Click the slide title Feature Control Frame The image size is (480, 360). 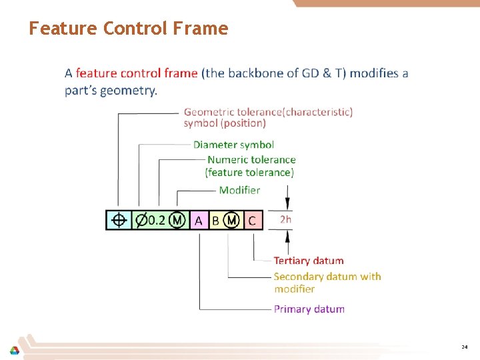128,29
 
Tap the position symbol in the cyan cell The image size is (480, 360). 119,220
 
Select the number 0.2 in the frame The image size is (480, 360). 156,220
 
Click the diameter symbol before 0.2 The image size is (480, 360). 141,220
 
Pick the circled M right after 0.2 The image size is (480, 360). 177,220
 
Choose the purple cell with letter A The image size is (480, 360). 199,221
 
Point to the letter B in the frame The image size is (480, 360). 215,221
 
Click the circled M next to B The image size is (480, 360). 231,220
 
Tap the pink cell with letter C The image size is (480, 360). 252,221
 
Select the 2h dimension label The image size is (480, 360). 285,219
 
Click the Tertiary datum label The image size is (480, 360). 309,261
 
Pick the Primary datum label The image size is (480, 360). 309,309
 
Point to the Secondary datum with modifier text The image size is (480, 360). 327,282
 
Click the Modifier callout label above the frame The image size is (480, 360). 239,190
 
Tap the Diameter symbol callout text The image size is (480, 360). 233,145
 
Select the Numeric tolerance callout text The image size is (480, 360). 251,166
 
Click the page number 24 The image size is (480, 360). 464,347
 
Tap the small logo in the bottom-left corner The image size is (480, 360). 14,351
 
